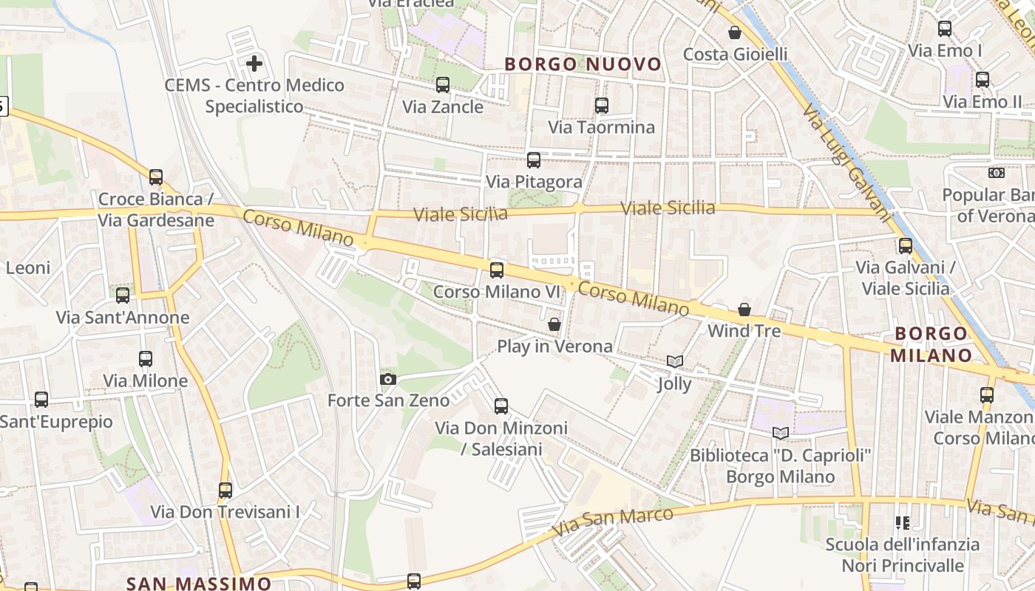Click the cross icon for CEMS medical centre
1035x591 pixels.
click(x=254, y=64)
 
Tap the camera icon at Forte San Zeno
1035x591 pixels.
click(x=387, y=380)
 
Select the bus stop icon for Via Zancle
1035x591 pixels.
click(x=443, y=85)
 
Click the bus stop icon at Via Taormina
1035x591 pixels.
click(x=601, y=106)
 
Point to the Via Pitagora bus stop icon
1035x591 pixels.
click(x=534, y=160)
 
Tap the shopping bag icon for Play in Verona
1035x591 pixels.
click(x=554, y=324)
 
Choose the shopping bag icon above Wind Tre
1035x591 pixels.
click(x=744, y=310)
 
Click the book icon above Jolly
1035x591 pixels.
click(x=674, y=362)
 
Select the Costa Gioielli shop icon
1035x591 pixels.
click(x=735, y=33)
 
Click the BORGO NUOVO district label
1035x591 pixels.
click(x=583, y=64)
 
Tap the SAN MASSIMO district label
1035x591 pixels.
click(x=199, y=584)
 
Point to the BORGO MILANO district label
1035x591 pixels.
click(x=930, y=344)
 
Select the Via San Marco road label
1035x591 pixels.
click(x=612, y=522)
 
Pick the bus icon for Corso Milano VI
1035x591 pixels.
click(x=497, y=270)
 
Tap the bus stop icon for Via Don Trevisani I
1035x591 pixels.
click(x=225, y=491)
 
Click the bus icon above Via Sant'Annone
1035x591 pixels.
click(x=123, y=296)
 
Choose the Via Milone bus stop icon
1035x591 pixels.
click(x=146, y=360)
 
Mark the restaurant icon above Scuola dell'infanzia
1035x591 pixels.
click(x=902, y=523)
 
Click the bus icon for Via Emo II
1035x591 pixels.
click(x=983, y=80)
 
